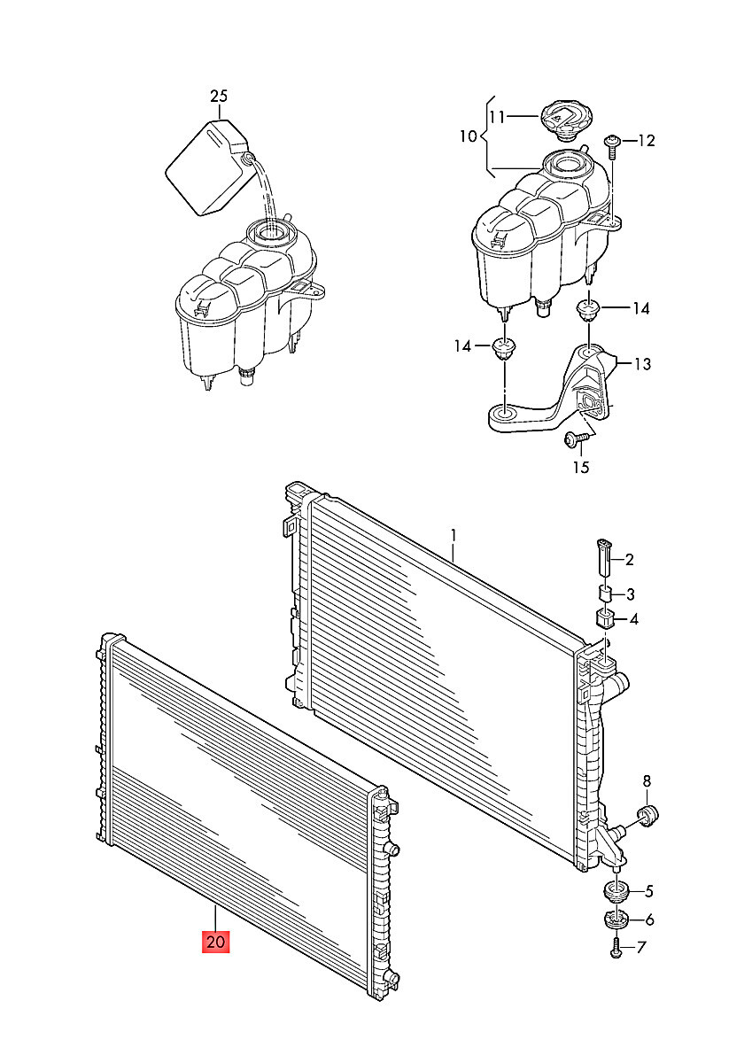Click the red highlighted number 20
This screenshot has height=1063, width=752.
[x=215, y=941]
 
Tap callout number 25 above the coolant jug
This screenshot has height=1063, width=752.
[x=219, y=97]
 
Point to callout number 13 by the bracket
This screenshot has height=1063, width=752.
[x=642, y=364]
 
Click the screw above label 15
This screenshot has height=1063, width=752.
[x=578, y=439]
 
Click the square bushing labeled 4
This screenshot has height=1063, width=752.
[x=604, y=618]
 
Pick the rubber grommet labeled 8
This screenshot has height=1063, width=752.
[x=648, y=815]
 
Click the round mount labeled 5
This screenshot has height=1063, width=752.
[x=616, y=890]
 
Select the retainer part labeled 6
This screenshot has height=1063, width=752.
[x=616, y=919]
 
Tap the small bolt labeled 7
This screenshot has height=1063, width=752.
[x=616, y=950]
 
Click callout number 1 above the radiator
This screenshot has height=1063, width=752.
[x=454, y=536]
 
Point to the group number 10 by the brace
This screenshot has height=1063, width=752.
[x=469, y=136]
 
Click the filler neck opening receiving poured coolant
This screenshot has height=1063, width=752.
[x=270, y=232]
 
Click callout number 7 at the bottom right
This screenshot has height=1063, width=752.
[x=640, y=948]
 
